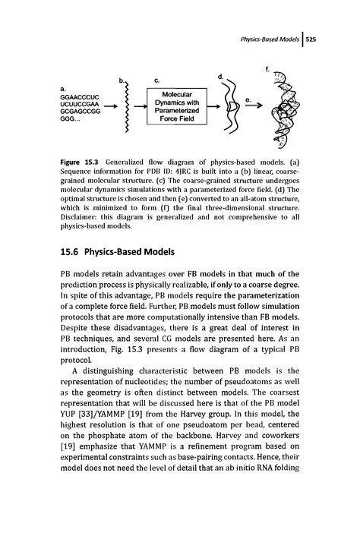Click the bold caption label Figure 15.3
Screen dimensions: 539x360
(81, 162)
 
